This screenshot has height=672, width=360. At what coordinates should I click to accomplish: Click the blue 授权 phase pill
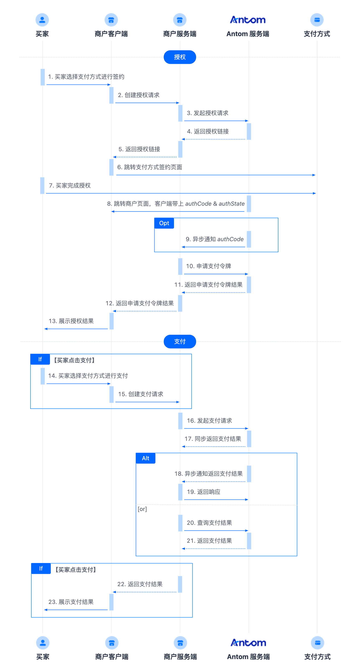coord(180,57)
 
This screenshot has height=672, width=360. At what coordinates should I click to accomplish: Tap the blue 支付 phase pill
coord(180,341)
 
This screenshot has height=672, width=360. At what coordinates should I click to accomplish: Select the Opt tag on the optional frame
coord(164,223)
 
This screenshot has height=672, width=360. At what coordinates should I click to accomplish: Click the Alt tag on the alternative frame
coord(146,458)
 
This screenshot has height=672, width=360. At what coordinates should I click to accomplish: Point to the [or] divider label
coord(142,509)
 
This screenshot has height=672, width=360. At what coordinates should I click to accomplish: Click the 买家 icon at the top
coord(42,20)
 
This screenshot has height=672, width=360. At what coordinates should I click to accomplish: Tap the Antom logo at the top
coord(248,20)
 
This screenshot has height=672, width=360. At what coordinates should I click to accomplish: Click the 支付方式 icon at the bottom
coord(317,643)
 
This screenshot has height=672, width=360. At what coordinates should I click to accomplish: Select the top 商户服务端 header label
coord(180,34)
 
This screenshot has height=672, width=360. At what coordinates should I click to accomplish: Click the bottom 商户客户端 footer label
coord(112,657)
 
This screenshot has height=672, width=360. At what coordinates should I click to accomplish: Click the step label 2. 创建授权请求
coord(138,95)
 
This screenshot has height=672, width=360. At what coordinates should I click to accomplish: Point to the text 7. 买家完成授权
coord(70,185)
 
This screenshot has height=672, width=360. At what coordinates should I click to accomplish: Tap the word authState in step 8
coord(232,204)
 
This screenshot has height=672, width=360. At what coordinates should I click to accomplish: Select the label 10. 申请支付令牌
coord(208,266)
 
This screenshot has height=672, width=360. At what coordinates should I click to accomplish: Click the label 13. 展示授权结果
coord(71,321)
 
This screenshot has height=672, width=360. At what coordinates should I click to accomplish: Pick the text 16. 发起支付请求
coord(209,421)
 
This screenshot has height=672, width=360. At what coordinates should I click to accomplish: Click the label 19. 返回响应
coord(203,492)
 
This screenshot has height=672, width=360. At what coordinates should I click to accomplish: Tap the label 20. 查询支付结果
coord(209,523)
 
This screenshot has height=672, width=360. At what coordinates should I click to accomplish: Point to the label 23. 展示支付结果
coord(71,602)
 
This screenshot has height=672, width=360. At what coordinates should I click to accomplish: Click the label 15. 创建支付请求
coord(141,394)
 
